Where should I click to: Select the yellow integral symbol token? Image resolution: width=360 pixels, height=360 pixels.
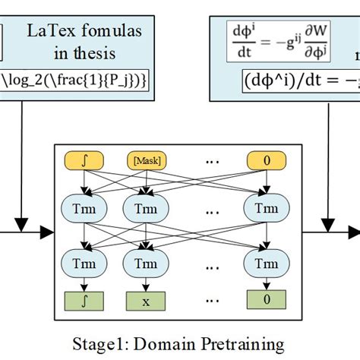[x=83, y=160]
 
